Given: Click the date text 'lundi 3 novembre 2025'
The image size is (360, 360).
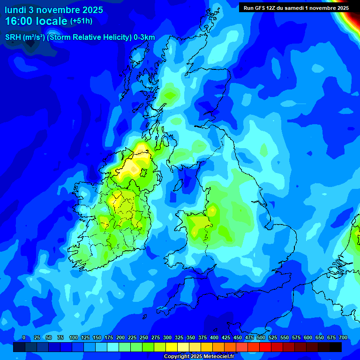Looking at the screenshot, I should point(54,10).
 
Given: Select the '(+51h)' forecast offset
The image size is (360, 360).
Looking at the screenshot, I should point(81,21).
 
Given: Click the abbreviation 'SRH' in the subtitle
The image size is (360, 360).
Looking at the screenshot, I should point(13,37).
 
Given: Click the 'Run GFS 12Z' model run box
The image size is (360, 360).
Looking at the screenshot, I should point(296,7).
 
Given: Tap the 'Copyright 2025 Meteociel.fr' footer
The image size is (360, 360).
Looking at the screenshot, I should point(199,357).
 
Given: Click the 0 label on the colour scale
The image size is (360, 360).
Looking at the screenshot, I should point(24,337).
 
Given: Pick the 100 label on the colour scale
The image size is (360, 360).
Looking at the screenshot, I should point(74,337).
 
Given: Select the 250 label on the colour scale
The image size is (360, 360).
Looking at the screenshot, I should point(144,337).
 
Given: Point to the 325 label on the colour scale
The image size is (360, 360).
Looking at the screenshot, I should point(179,337).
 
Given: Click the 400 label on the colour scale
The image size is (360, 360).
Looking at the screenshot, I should point(214,337).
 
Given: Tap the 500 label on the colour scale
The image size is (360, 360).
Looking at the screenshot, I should point(261,337).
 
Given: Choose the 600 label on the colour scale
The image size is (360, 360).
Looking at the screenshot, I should point(308,337).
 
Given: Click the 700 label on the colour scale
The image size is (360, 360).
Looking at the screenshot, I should point(343,337).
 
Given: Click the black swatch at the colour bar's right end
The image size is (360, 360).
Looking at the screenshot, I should point(336,347).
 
